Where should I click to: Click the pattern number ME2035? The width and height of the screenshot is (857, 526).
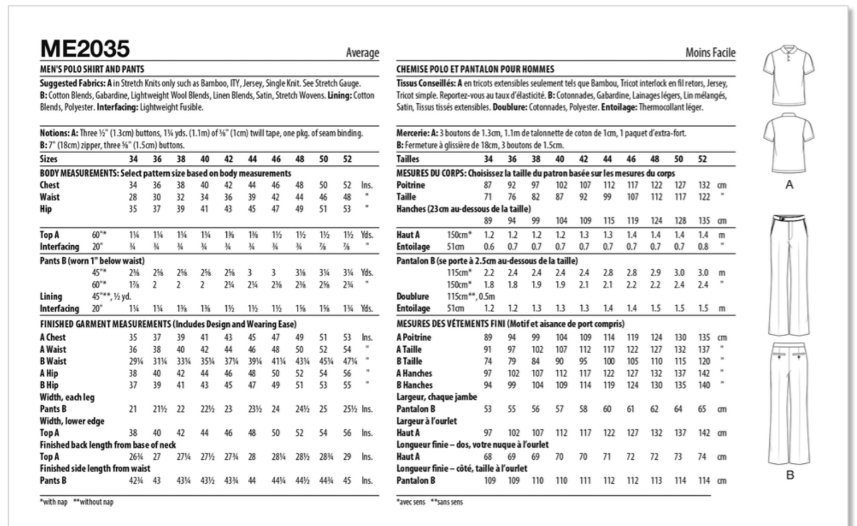tap(85, 48)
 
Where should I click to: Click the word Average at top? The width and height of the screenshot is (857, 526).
tap(362, 52)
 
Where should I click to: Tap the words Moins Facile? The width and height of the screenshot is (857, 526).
tap(710, 52)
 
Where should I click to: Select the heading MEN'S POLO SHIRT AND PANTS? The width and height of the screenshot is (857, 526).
tap(92, 70)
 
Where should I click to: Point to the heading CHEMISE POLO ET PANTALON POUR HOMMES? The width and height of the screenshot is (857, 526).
tap(475, 70)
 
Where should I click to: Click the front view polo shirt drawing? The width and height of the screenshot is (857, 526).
tap(789, 68)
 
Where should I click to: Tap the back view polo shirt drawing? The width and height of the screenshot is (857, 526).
tap(789, 143)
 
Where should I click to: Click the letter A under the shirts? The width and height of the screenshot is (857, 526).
tap(789, 185)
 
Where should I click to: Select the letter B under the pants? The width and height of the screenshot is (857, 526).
tap(790, 475)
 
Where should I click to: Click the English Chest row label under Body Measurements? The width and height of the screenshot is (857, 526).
tap(50, 185)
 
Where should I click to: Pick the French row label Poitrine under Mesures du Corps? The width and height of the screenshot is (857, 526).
tap(410, 185)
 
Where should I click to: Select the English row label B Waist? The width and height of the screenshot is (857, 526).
tap(53, 361)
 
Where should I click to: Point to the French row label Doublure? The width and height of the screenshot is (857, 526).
tap(413, 297)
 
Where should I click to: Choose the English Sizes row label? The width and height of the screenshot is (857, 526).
tap(48, 159)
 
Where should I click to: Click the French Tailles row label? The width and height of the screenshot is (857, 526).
tap(407, 159)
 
